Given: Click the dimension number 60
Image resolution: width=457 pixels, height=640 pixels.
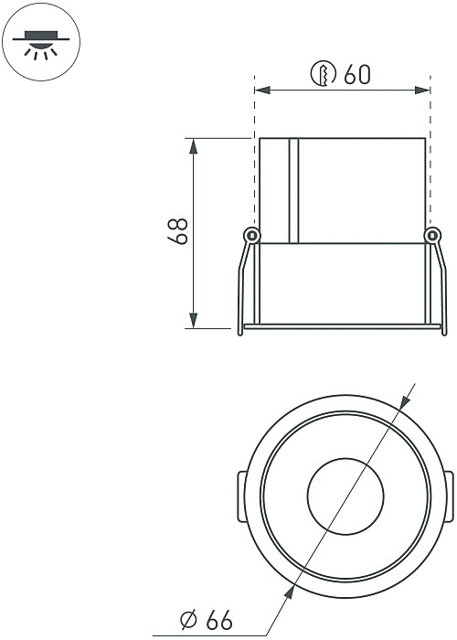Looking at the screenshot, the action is click(357, 74).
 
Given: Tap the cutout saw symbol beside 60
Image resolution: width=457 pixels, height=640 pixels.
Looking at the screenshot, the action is click(324, 74).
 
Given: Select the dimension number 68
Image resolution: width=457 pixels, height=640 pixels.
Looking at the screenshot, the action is click(178, 231).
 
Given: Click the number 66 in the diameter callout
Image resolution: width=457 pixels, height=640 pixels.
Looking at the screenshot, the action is click(219, 620).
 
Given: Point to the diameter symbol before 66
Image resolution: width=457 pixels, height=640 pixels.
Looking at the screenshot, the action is click(188, 620).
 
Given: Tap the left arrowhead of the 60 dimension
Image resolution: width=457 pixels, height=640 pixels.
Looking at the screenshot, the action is click(262, 90).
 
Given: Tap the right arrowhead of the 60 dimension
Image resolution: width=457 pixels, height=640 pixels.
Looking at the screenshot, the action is click(422, 90).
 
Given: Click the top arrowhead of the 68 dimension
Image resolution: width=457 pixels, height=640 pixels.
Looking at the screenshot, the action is click(194, 146).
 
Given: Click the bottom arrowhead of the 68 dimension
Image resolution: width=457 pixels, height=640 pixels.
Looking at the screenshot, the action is click(194, 320).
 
